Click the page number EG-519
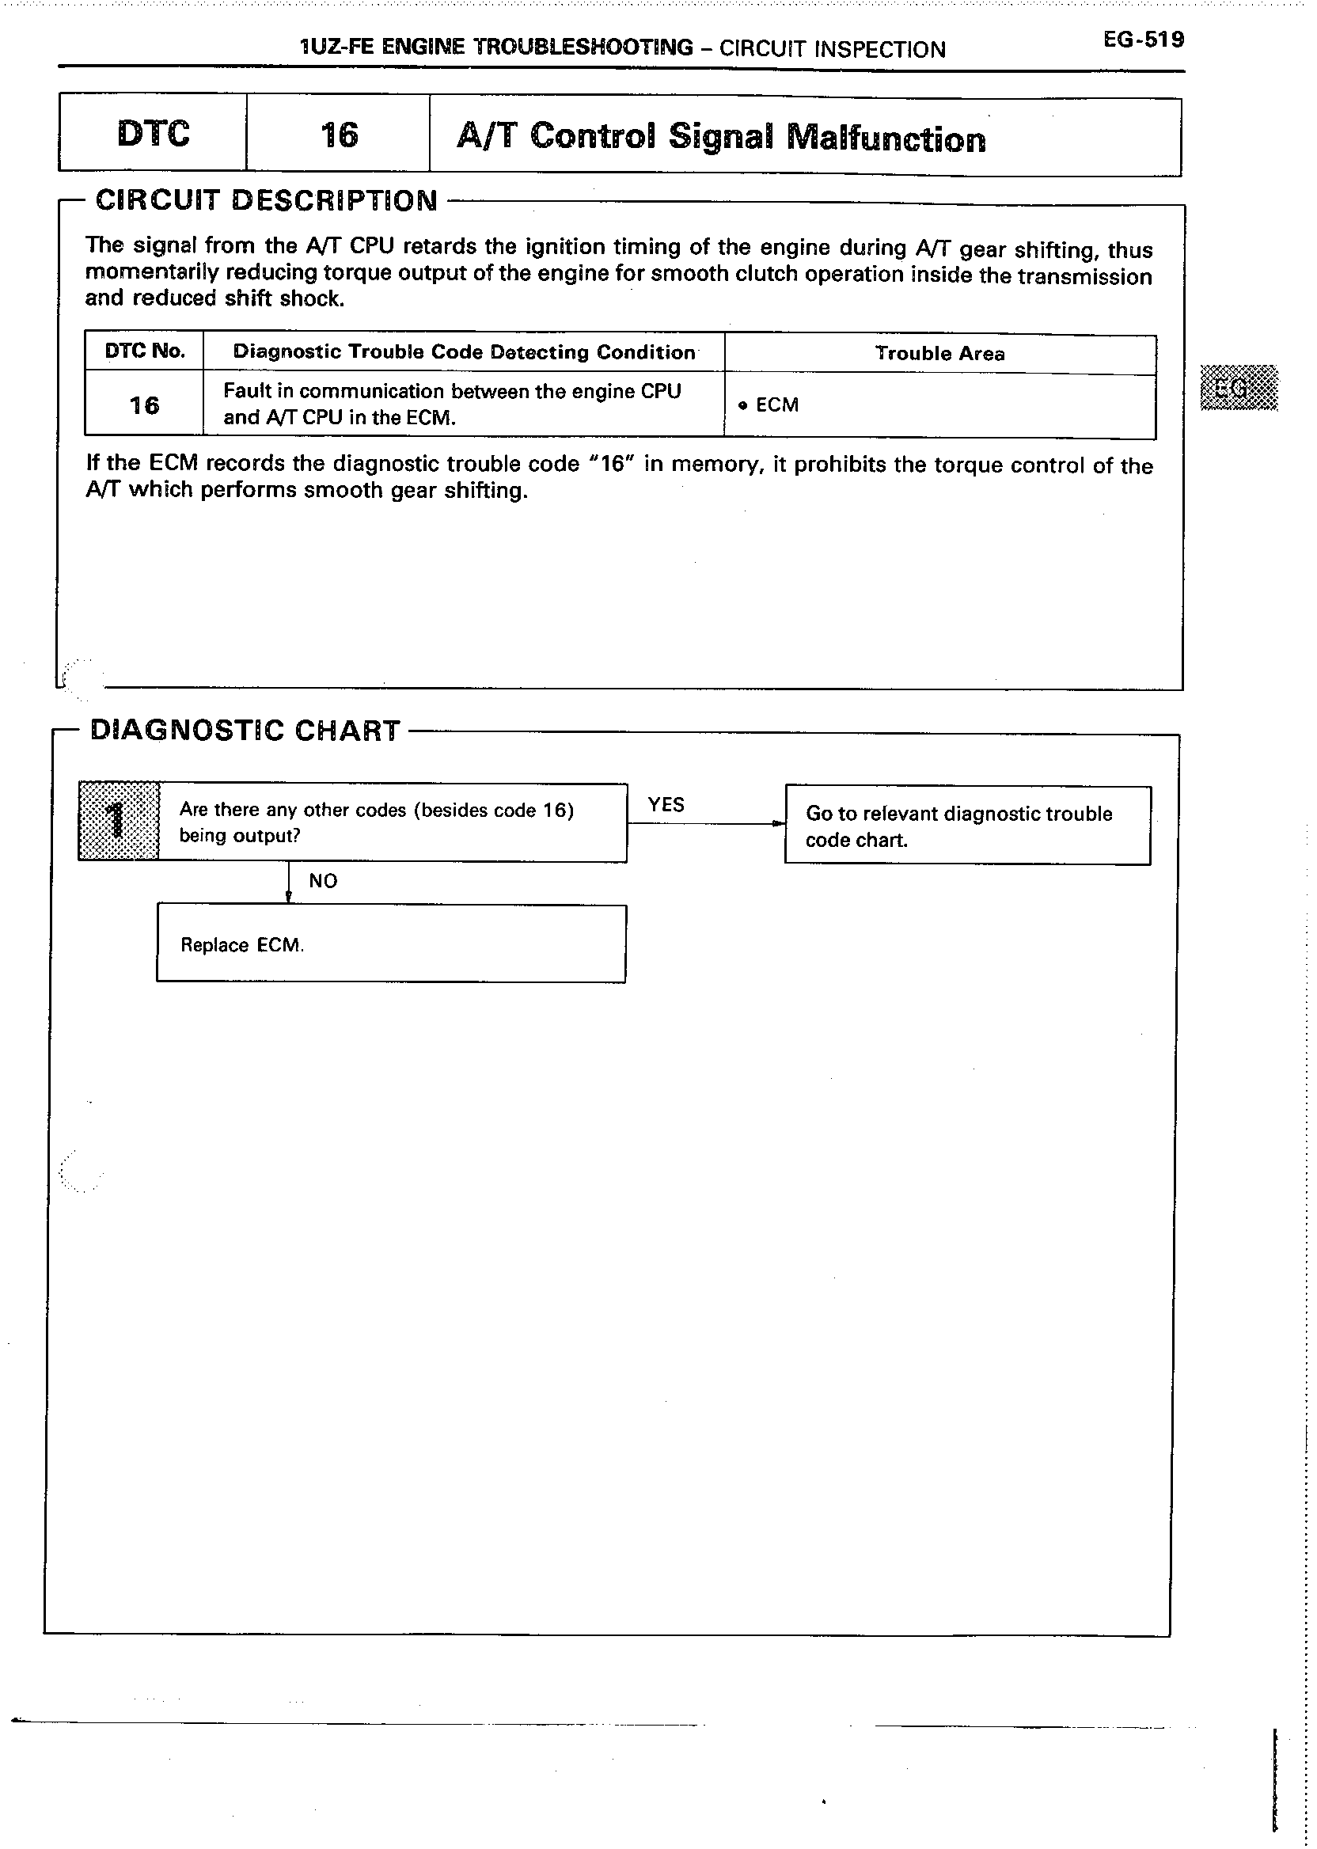click(x=1143, y=40)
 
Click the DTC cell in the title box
click(x=154, y=134)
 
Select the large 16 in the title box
click(x=338, y=135)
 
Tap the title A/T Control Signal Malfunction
click(x=721, y=138)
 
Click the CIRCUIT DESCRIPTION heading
click(x=266, y=200)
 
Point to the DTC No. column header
click(x=145, y=351)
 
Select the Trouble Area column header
click(x=939, y=354)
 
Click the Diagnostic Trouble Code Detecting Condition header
click(x=464, y=352)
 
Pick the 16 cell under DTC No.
click(x=144, y=404)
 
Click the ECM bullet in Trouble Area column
click(x=769, y=404)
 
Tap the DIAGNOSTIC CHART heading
click(x=245, y=731)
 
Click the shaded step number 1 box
click(x=119, y=821)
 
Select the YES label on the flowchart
click(x=666, y=804)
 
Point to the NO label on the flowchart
click(x=323, y=881)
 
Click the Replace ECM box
click(x=391, y=944)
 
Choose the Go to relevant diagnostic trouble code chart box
click(x=966, y=826)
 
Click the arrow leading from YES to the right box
click(x=705, y=824)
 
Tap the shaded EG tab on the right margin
click(x=1239, y=389)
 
